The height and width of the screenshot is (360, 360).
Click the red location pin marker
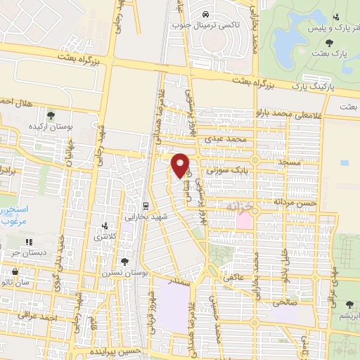point(181,165)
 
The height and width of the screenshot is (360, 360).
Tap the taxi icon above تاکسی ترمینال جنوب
point(204,15)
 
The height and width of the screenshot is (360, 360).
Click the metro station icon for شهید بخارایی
point(145,207)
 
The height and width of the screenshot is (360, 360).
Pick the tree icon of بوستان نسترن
point(126,261)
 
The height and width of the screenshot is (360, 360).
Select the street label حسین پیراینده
point(117,350)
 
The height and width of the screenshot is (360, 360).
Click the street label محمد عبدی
point(224,140)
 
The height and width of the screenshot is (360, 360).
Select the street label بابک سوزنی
point(229,169)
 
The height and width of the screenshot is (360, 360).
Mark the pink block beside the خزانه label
point(245,220)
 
